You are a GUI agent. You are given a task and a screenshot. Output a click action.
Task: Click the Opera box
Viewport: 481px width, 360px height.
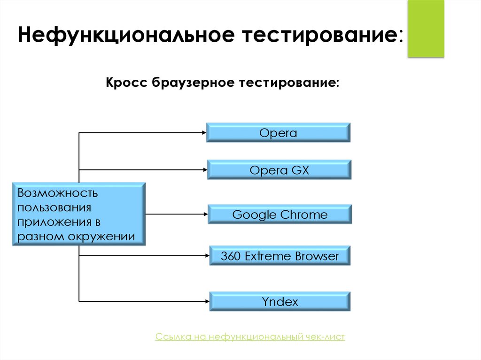point(278,133)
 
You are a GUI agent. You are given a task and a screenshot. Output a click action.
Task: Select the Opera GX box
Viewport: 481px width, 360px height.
point(279,170)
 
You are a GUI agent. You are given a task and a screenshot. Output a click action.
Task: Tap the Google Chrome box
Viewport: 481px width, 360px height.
point(279,215)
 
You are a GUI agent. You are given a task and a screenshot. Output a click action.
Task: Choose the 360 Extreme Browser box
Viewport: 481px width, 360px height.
point(279,256)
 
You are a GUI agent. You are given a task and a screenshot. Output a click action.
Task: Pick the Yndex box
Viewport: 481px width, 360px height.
point(279,301)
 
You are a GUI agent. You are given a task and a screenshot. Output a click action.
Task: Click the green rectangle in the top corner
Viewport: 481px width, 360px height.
point(426,29)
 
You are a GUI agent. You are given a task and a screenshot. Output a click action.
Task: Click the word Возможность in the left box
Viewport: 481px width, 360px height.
point(57,193)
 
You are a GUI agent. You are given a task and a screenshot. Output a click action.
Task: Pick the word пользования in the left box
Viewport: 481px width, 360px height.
point(54,207)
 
